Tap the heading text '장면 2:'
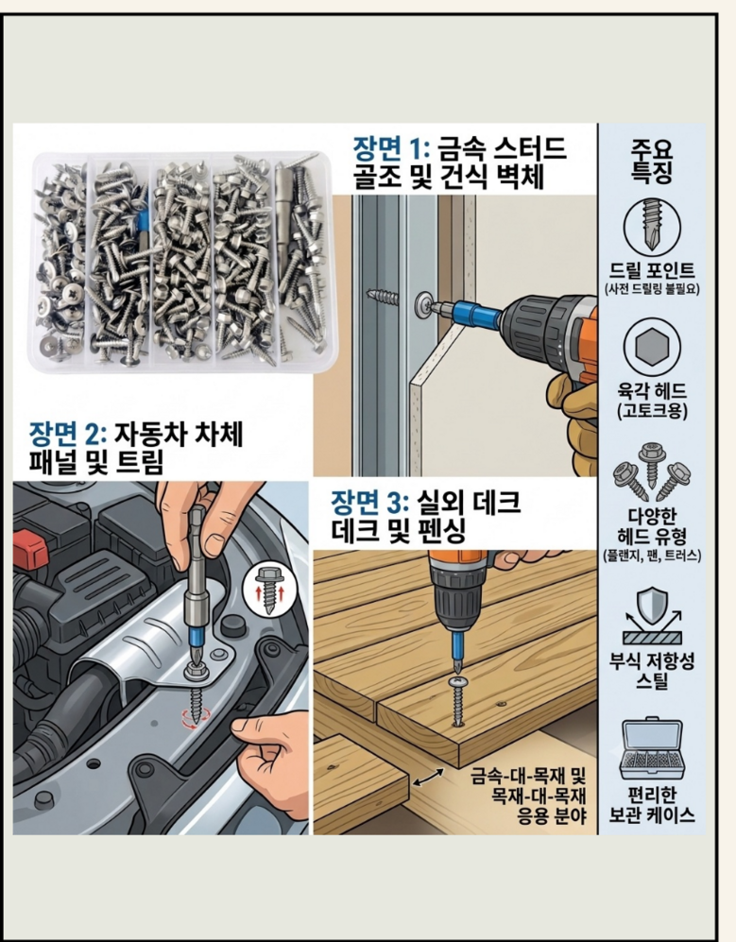pyautogui.click(x=68, y=434)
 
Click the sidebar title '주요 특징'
pyautogui.click(x=652, y=160)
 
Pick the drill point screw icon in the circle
pyautogui.click(x=652, y=225)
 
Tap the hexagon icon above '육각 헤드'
pyautogui.click(x=652, y=347)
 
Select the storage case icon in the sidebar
pyautogui.click(x=652, y=749)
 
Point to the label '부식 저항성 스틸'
pyautogui.click(x=652, y=671)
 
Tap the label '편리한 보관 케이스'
pyautogui.click(x=652, y=805)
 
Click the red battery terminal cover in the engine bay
pyautogui.click(x=29, y=544)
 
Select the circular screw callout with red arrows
pyautogui.click(x=268, y=591)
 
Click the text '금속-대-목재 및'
pyautogui.click(x=527, y=777)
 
